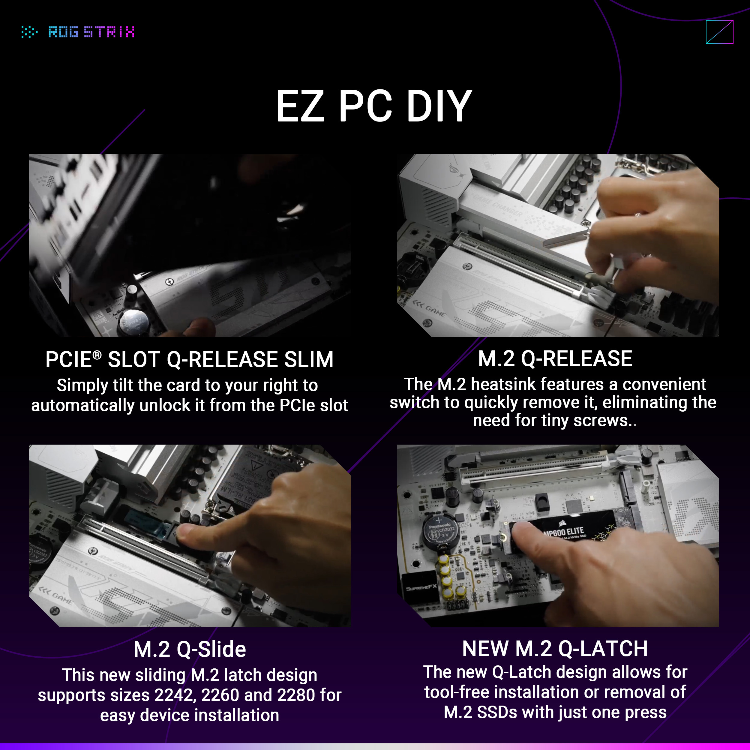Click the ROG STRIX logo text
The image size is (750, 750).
(x=91, y=32)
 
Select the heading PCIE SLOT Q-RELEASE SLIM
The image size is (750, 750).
(x=189, y=359)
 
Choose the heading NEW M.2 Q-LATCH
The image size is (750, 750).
(x=555, y=649)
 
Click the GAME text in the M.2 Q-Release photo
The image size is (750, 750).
(x=435, y=310)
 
